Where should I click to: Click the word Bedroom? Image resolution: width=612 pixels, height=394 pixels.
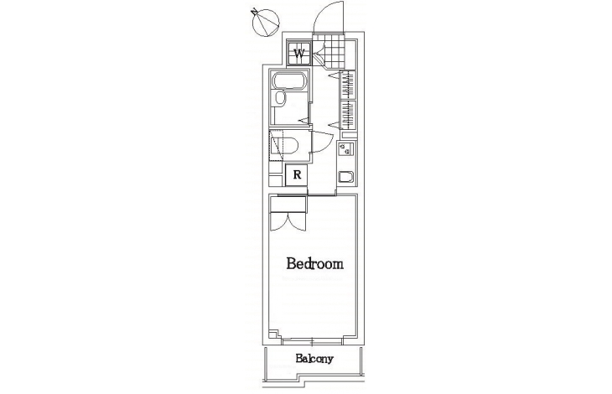(315, 264)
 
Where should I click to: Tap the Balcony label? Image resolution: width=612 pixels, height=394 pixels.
(314, 359)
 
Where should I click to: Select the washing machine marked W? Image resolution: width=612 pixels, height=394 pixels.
(299, 53)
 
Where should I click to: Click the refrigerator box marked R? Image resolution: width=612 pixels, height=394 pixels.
(297, 174)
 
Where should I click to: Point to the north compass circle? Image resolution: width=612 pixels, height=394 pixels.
(267, 23)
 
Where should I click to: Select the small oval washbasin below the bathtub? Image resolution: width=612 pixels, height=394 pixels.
(280, 98)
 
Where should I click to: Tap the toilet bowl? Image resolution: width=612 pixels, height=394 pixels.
(288, 145)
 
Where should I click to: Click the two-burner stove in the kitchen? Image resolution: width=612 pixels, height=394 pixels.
(345, 148)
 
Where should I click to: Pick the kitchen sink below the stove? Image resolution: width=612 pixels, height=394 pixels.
(345, 177)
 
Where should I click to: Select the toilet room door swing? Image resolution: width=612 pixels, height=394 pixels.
(323, 142)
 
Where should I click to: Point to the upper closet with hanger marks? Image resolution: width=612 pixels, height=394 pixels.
(348, 84)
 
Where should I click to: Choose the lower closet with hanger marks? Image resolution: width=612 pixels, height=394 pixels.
(348, 114)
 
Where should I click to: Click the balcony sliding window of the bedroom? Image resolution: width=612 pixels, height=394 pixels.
(312, 341)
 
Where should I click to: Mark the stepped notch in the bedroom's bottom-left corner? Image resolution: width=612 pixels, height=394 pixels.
(274, 334)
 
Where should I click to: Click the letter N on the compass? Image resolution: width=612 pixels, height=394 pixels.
(255, 12)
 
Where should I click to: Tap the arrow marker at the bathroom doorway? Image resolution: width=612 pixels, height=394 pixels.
(303, 121)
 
